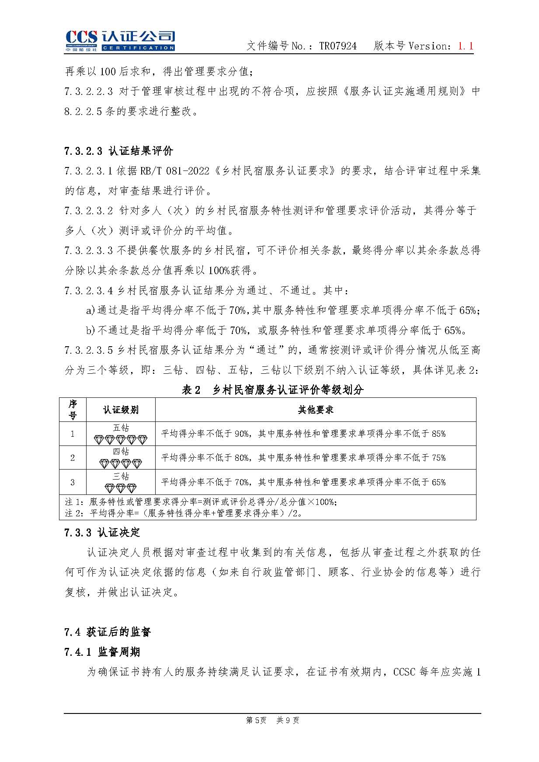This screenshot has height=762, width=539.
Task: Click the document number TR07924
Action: pyautogui.click(x=337, y=46)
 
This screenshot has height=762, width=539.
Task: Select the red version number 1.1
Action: pyautogui.click(x=466, y=46)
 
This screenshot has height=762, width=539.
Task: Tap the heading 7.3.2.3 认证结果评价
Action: pyautogui.click(x=118, y=151)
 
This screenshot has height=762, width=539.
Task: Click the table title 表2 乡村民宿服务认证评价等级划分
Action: pyautogui.click(x=272, y=390)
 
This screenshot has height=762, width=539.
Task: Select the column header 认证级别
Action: pyautogui.click(x=121, y=410)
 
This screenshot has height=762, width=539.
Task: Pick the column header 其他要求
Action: pyautogui.click(x=315, y=410)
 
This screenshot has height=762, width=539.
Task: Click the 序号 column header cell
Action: pyautogui.click(x=73, y=410)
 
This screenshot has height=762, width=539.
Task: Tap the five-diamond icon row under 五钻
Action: pyautogui.click(x=121, y=439)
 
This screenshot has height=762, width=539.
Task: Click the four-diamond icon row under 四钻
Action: pyautogui.click(x=121, y=463)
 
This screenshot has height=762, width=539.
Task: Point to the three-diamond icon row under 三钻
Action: pyautogui.click(x=121, y=488)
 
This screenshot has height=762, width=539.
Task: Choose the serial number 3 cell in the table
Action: pyautogui.click(x=73, y=482)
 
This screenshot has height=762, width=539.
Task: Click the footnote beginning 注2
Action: pyautogui.click(x=184, y=513)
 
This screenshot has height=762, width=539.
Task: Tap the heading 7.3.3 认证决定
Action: pyautogui.click(x=102, y=532)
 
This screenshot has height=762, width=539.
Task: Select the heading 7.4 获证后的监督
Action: pyautogui.click(x=108, y=632)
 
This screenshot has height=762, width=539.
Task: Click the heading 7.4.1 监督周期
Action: pyautogui.click(x=102, y=652)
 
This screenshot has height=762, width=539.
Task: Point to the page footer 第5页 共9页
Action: pyautogui.click(x=272, y=720)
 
